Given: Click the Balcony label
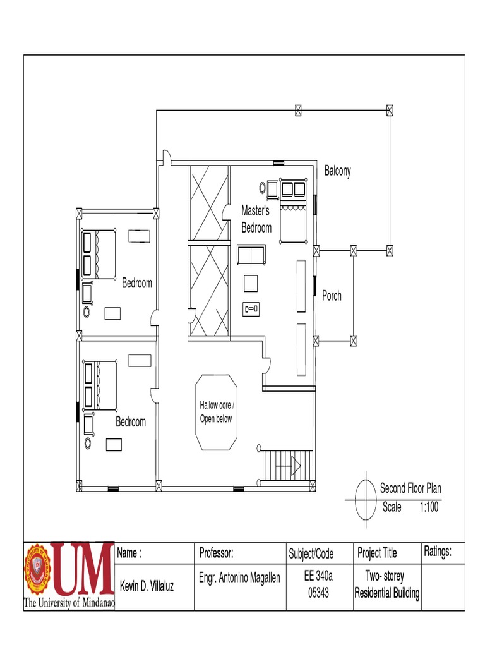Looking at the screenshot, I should tap(337, 171).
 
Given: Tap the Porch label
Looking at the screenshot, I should tap(332, 295).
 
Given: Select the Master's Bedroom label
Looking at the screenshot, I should tap(256, 219).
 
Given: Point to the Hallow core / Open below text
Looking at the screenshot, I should tap(217, 412).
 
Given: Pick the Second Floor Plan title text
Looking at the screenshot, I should tap(410, 488).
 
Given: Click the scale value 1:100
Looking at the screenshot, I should tap(429, 507).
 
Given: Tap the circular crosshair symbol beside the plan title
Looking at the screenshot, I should tap(366, 499).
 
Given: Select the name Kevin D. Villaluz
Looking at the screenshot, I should tap(147, 586).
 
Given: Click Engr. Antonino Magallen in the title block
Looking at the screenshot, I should tap(239, 577).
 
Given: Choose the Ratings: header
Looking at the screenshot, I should tap(438, 552).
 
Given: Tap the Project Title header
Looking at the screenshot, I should tap(377, 553).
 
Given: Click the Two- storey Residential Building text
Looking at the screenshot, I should tap(386, 584).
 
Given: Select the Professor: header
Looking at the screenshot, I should tap(216, 553).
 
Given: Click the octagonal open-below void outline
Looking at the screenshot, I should tap(217, 375).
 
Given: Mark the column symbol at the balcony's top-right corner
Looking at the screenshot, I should tap(390, 110).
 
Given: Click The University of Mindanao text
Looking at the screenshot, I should tap(69, 603).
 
